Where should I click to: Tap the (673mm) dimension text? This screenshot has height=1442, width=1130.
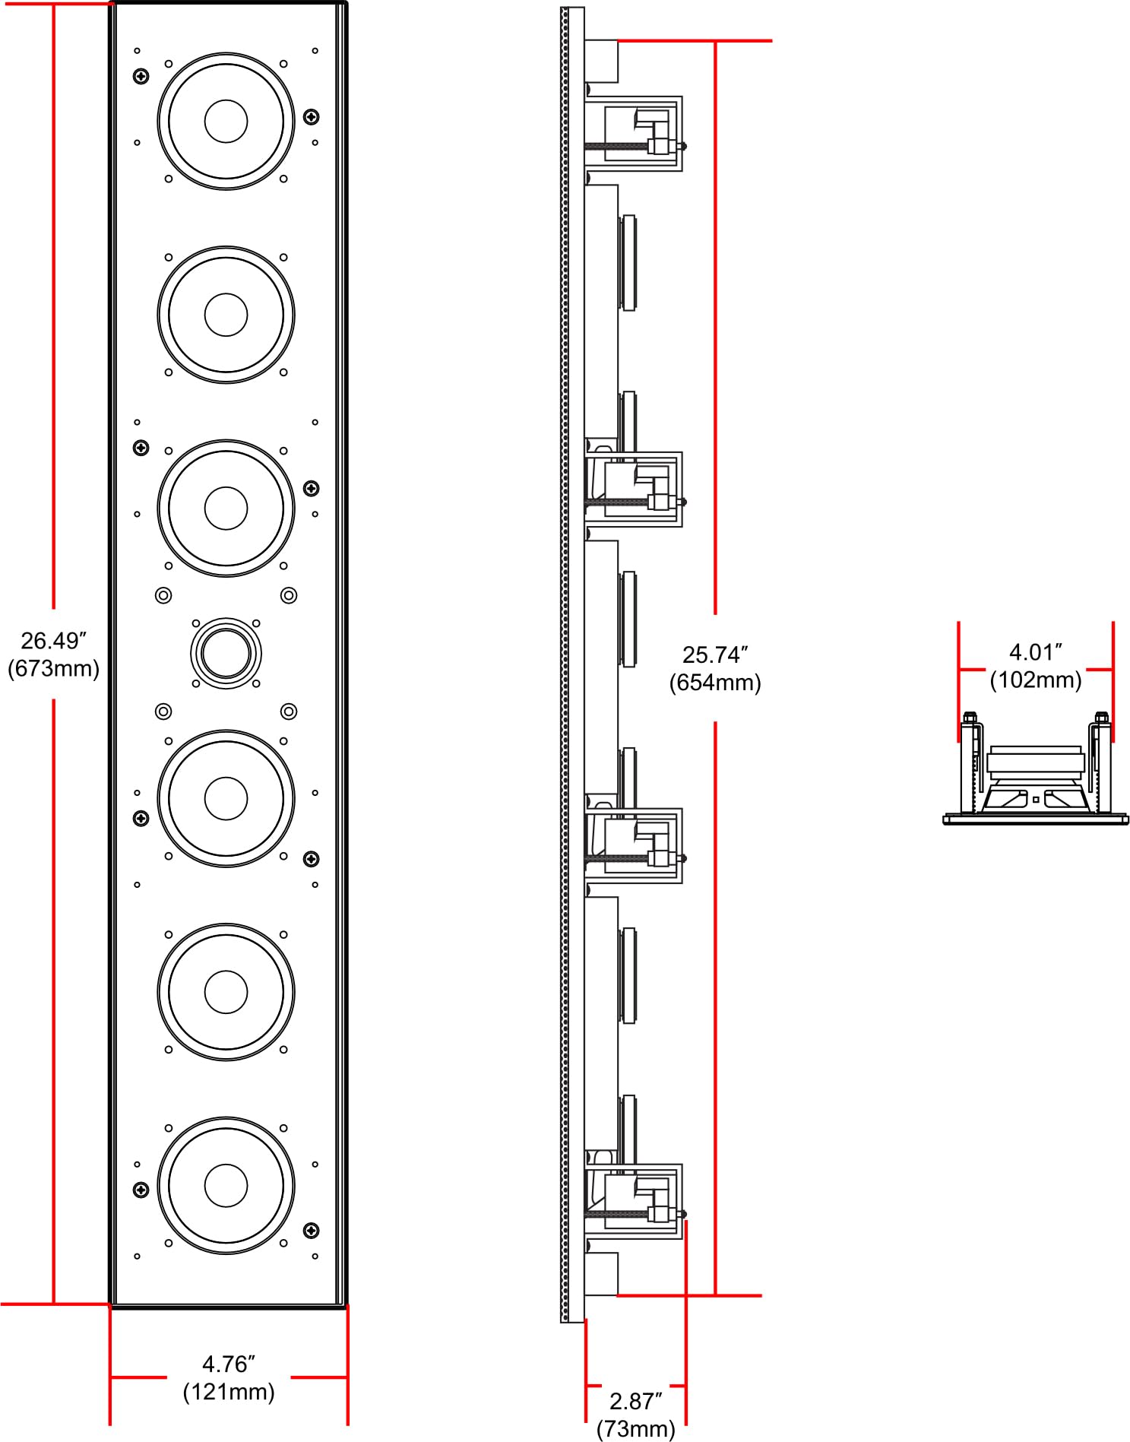53,669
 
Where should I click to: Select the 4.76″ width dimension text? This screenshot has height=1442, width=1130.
228,1364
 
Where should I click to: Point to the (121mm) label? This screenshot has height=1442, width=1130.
228,1392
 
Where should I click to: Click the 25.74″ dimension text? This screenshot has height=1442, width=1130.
715,654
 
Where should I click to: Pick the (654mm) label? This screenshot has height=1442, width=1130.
715,683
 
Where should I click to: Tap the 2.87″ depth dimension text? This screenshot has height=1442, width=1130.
635,1401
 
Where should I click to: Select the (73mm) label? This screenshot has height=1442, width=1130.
635,1429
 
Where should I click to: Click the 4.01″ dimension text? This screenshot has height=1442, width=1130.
1035,651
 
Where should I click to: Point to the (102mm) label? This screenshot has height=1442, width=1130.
1035,680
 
